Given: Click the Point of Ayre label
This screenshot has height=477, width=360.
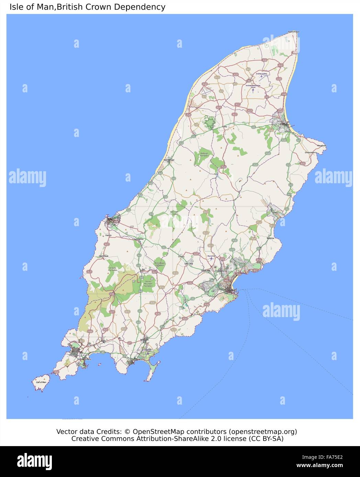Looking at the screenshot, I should click(294, 32).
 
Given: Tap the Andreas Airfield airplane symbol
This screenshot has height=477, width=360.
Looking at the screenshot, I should click(261, 76).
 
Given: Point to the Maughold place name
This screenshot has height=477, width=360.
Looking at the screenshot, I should click(322, 146).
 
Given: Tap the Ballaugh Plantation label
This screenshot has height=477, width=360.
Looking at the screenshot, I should click(204, 155).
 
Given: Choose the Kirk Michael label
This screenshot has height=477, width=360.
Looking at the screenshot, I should click(169, 160).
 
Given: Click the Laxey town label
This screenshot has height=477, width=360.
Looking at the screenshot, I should click(274, 213).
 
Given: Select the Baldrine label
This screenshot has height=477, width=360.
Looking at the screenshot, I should click(270, 238).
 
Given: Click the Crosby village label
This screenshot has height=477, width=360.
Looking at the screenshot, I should click(181, 256).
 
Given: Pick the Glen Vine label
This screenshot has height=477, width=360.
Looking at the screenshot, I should click(189, 264).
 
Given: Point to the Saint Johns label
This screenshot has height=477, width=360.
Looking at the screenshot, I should click(138, 239).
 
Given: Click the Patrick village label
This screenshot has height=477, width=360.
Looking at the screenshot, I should click(109, 235).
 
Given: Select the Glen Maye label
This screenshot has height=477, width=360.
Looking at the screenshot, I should click(103, 256).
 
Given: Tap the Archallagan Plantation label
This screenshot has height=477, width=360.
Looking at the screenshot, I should click(160, 264).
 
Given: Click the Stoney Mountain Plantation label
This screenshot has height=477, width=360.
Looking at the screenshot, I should click(148, 283).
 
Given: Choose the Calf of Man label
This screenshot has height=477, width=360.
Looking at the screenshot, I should click(41, 382).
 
